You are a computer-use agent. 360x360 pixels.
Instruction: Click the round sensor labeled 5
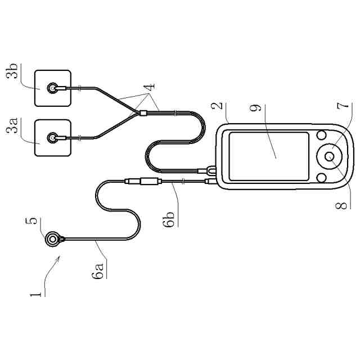coord(53,239)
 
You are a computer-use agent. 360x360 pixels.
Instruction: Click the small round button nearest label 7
coord(322,135)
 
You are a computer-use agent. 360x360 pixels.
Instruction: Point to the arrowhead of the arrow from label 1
coord(57,256)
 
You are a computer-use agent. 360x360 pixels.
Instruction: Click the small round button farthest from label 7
coord(322,177)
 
